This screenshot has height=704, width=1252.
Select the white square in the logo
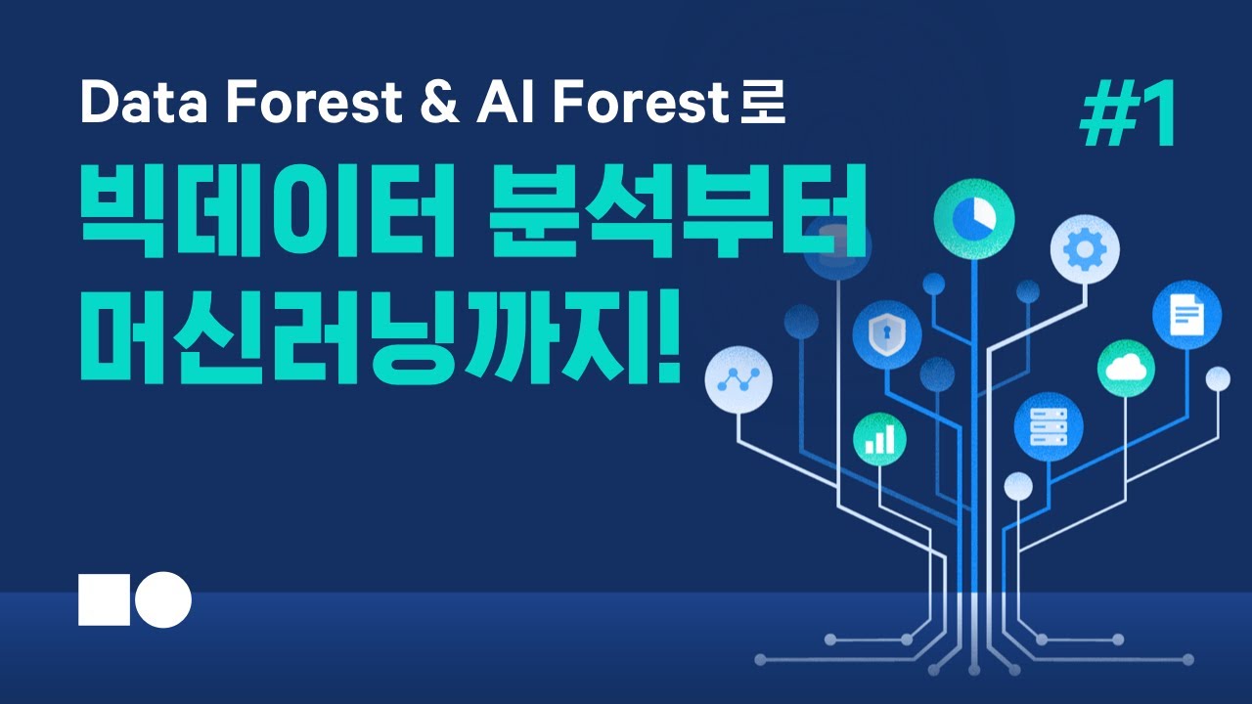(104, 599)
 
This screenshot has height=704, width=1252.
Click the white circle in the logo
(163, 599)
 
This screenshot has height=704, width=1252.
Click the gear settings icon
(1085, 250)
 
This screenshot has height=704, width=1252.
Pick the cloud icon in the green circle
(1126, 369)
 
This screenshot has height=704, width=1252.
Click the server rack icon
(1048, 426)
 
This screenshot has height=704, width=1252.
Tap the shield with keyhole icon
(886, 333)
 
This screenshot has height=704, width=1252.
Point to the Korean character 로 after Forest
(763, 104)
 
